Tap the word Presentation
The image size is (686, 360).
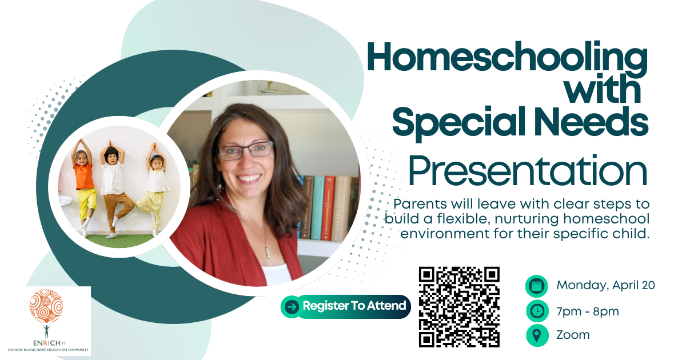(x=528, y=171)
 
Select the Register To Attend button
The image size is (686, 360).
(x=345, y=306)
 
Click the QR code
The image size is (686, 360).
(x=459, y=307)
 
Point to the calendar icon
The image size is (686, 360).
(x=537, y=286)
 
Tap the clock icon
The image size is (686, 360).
(x=537, y=311)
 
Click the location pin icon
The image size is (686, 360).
(x=537, y=335)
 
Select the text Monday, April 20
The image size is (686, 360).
(x=605, y=285)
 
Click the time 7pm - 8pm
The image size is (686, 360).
(x=588, y=311)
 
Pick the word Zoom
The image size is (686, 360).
(x=573, y=335)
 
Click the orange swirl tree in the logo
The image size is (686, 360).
(x=46, y=306)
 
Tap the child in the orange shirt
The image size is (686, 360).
(x=83, y=187)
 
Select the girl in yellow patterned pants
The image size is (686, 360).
(x=154, y=190)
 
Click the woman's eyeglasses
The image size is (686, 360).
(x=246, y=150)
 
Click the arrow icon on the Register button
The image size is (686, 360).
(x=292, y=307)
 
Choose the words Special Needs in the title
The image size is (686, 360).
(x=520, y=122)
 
